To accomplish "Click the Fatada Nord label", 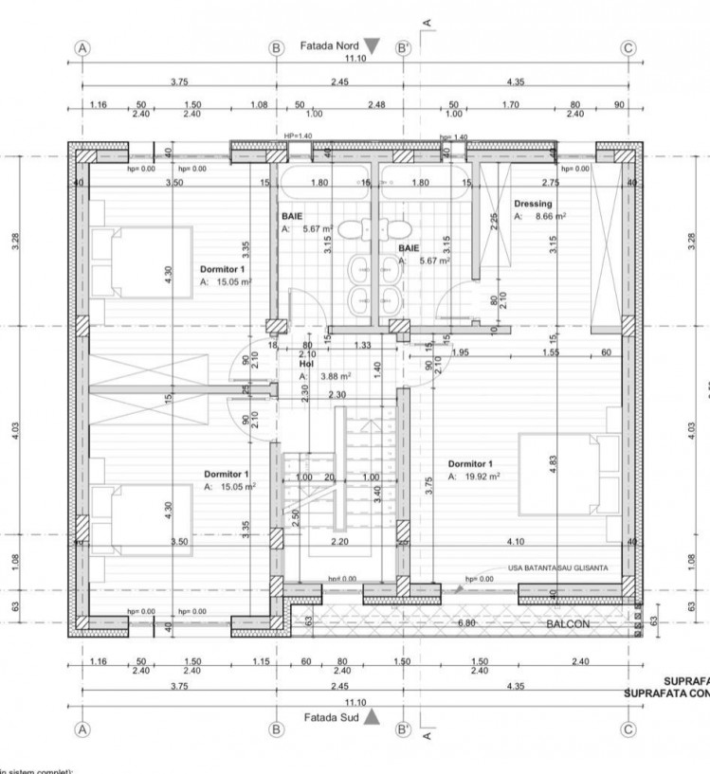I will [x=328, y=45].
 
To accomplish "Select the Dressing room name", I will [x=532, y=204].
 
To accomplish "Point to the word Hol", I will [x=306, y=363].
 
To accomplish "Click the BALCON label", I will [x=569, y=625].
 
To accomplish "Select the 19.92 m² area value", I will [x=482, y=477].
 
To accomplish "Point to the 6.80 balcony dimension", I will [x=466, y=624].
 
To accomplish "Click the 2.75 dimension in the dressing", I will [x=551, y=182].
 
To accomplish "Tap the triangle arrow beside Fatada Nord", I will [x=372, y=45].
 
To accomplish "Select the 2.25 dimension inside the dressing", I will [x=494, y=223].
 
